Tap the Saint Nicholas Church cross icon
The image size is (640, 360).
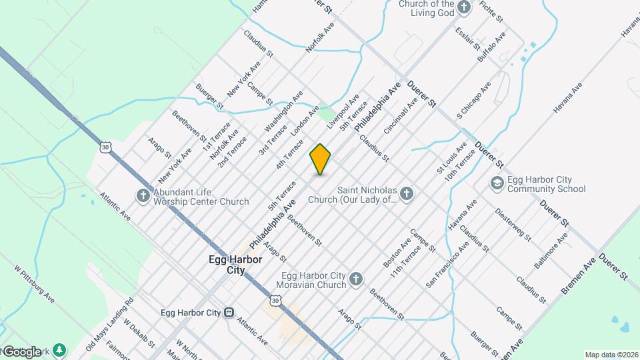(407, 194)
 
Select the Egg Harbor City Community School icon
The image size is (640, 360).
(496, 183)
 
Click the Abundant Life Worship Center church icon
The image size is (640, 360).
(143, 196)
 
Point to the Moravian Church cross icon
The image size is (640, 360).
(356, 280)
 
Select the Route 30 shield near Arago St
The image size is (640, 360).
(106, 147)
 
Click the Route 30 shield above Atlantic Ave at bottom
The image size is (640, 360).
(277, 303)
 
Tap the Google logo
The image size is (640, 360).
(21, 351)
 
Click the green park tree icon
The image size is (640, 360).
(60, 349)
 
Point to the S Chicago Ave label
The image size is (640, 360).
(474, 100)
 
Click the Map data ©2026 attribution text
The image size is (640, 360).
(611, 355)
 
